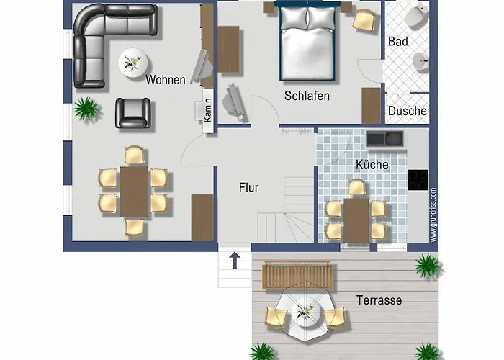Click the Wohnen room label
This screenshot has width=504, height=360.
point(165,80)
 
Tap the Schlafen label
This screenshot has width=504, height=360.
point(307,96)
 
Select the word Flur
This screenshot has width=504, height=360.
point(248,188)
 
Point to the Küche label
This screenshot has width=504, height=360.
point(372,165)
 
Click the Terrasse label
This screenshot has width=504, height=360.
point(379,300)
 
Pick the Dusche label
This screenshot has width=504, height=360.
point(408,111)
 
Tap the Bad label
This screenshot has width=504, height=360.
point(398,42)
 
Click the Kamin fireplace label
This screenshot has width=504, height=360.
point(208,110)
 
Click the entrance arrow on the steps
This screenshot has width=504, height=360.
point(235,260)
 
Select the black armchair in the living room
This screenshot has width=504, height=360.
point(133,113)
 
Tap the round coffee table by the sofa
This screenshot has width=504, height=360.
point(133,63)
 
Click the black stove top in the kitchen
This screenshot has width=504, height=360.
point(418,180)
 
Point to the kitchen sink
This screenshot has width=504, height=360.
point(384,138)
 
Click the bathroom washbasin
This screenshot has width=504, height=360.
point(420,60)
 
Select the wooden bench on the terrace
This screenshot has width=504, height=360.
point(297,275)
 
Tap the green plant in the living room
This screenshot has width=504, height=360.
point(86,109)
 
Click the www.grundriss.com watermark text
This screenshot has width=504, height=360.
point(433,215)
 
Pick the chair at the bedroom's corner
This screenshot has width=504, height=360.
point(364,21)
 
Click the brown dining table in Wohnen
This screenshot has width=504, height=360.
point(134,192)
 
